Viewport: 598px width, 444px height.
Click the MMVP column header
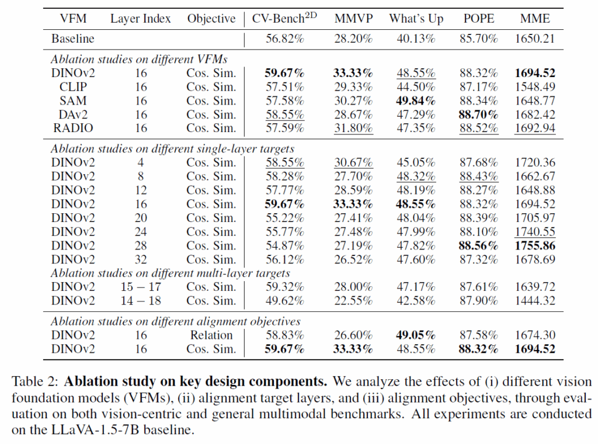(x=353, y=19)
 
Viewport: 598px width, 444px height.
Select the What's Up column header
(x=416, y=19)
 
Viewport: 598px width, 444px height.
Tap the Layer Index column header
(x=141, y=19)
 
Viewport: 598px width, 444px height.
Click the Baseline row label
(x=72, y=39)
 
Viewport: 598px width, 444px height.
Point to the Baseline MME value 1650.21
(x=534, y=39)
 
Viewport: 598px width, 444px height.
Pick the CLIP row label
(x=73, y=87)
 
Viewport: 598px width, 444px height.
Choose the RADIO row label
(x=73, y=128)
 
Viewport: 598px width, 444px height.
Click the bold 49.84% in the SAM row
(x=416, y=101)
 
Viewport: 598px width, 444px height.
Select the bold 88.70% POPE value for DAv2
(x=478, y=115)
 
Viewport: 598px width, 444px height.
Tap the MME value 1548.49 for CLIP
(x=534, y=87)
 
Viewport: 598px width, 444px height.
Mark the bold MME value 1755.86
(x=534, y=246)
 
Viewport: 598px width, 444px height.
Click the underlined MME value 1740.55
(x=534, y=232)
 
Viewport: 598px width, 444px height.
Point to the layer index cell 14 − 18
(x=141, y=301)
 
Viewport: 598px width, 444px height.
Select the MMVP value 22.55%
(x=353, y=301)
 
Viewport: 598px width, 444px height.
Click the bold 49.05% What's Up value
(x=416, y=335)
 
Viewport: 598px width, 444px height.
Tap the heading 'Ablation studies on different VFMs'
(x=139, y=60)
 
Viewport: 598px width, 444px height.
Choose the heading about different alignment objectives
(x=176, y=321)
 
